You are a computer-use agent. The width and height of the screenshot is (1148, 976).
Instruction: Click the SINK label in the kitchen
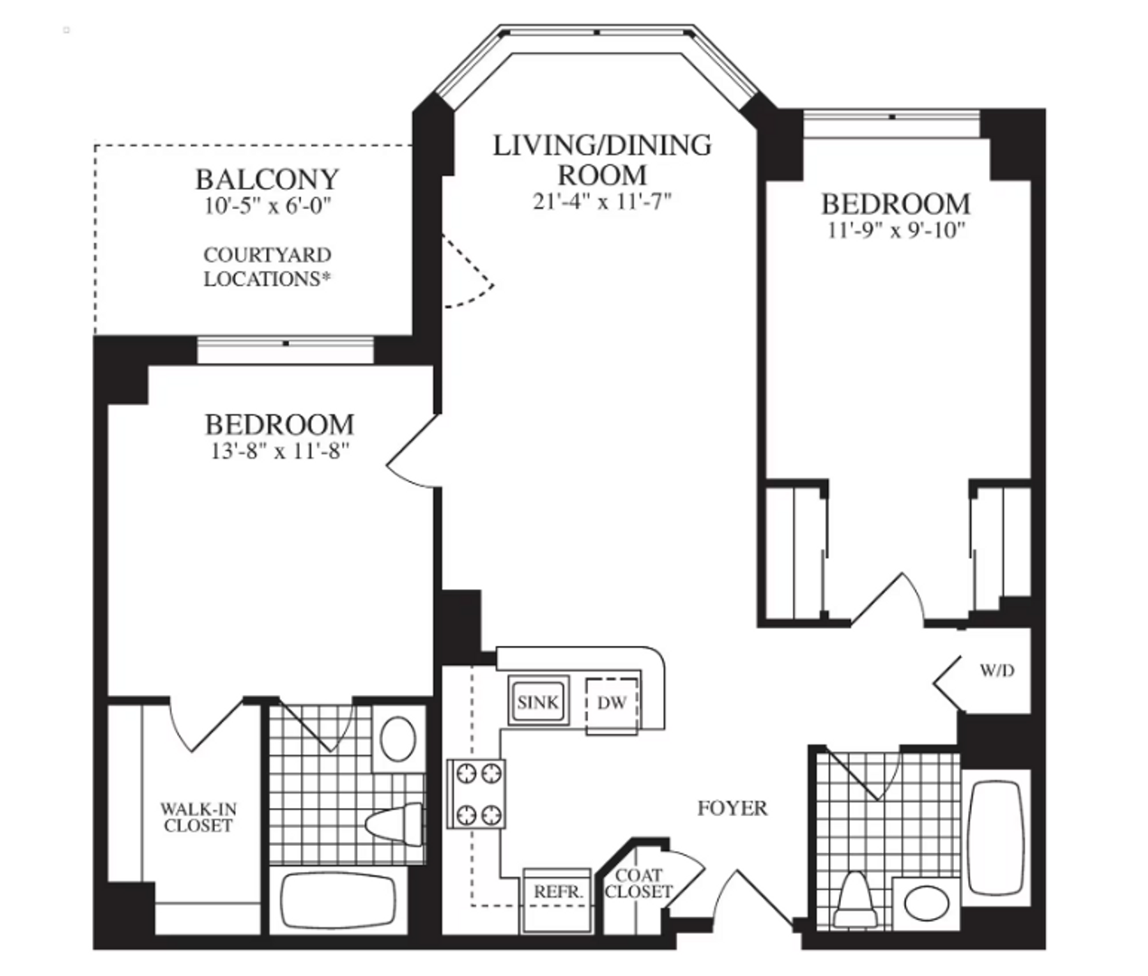click(537, 702)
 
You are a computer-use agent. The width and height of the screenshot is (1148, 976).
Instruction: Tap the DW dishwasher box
click(612, 703)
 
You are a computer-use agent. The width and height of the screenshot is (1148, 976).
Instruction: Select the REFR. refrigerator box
click(557, 893)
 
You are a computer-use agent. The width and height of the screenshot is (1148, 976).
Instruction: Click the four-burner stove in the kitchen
click(477, 793)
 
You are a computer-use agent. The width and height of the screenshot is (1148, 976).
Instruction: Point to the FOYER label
click(732, 808)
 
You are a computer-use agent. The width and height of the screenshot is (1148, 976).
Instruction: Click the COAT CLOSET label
click(639, 884)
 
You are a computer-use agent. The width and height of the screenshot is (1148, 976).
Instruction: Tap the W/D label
click(997, 671)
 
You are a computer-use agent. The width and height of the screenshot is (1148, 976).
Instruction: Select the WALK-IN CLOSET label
click(198, 818)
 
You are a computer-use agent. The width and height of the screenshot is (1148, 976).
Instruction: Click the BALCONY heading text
click(267, 179)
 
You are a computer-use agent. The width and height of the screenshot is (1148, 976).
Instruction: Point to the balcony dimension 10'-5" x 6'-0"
click(267, 206)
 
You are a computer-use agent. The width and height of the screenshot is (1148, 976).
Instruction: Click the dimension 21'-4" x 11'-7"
click(602, 201)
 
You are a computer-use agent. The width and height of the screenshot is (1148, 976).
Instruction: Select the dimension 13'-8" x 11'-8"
click(279, 451)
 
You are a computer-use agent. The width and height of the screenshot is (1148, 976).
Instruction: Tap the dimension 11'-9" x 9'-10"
click(896, 230)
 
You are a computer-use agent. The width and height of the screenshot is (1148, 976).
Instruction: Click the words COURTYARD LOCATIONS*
click(267, 267)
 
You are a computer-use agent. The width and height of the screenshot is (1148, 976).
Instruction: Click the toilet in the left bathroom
click(395, 821)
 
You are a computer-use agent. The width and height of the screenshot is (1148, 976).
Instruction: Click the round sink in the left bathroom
click(397, 739)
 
